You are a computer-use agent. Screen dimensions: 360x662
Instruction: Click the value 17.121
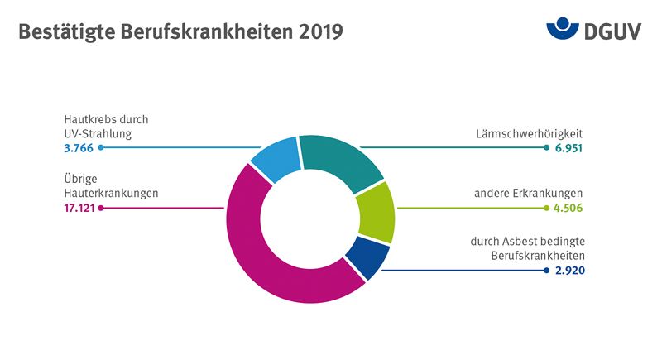click(79, 208)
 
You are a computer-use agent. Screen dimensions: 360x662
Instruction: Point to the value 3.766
click(79, 147)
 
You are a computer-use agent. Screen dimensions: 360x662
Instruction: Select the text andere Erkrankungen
click(528, 193)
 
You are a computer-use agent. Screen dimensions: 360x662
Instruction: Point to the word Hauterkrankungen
click(111, 193)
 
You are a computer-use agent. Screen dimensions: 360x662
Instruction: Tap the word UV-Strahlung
click(98, 132)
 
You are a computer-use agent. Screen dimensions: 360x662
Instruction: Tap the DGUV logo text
click(613, 31)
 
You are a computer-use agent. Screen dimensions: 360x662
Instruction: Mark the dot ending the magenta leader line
click(100, 208)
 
